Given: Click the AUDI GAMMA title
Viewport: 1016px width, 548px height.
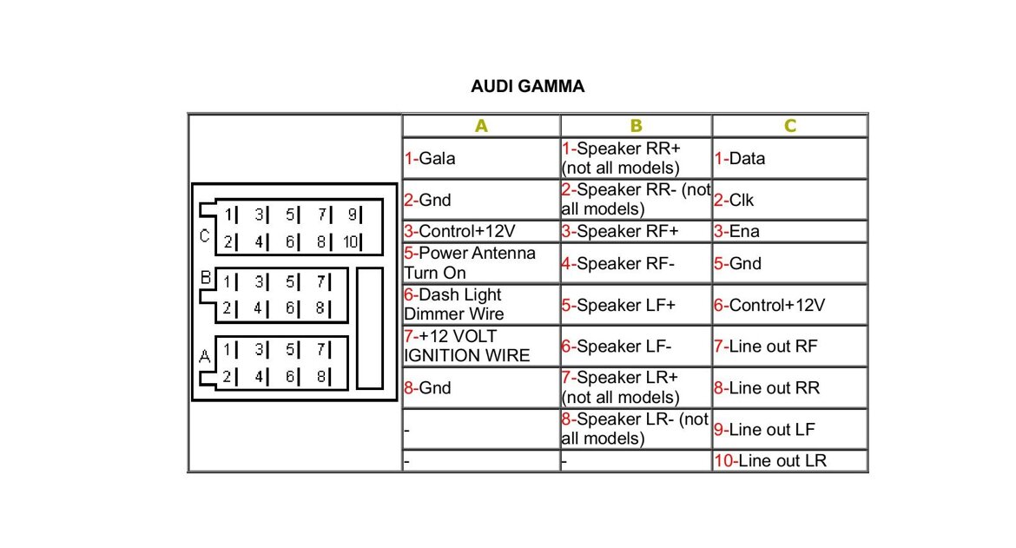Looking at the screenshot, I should tap(527, 87).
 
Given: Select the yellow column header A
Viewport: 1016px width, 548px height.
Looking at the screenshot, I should tap(481, 126).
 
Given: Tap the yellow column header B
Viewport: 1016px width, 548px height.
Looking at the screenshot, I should tap(636, 126).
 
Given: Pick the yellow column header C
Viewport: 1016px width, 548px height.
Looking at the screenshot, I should tap(789, 126).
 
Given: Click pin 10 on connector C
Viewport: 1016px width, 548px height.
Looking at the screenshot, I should tap(350, 242).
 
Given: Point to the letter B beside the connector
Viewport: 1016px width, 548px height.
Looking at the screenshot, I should tap(206, 279).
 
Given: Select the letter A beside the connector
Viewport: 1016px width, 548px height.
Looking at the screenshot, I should tap(205, 355).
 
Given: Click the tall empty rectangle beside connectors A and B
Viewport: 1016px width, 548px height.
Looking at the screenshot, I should tap(369, 327).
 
